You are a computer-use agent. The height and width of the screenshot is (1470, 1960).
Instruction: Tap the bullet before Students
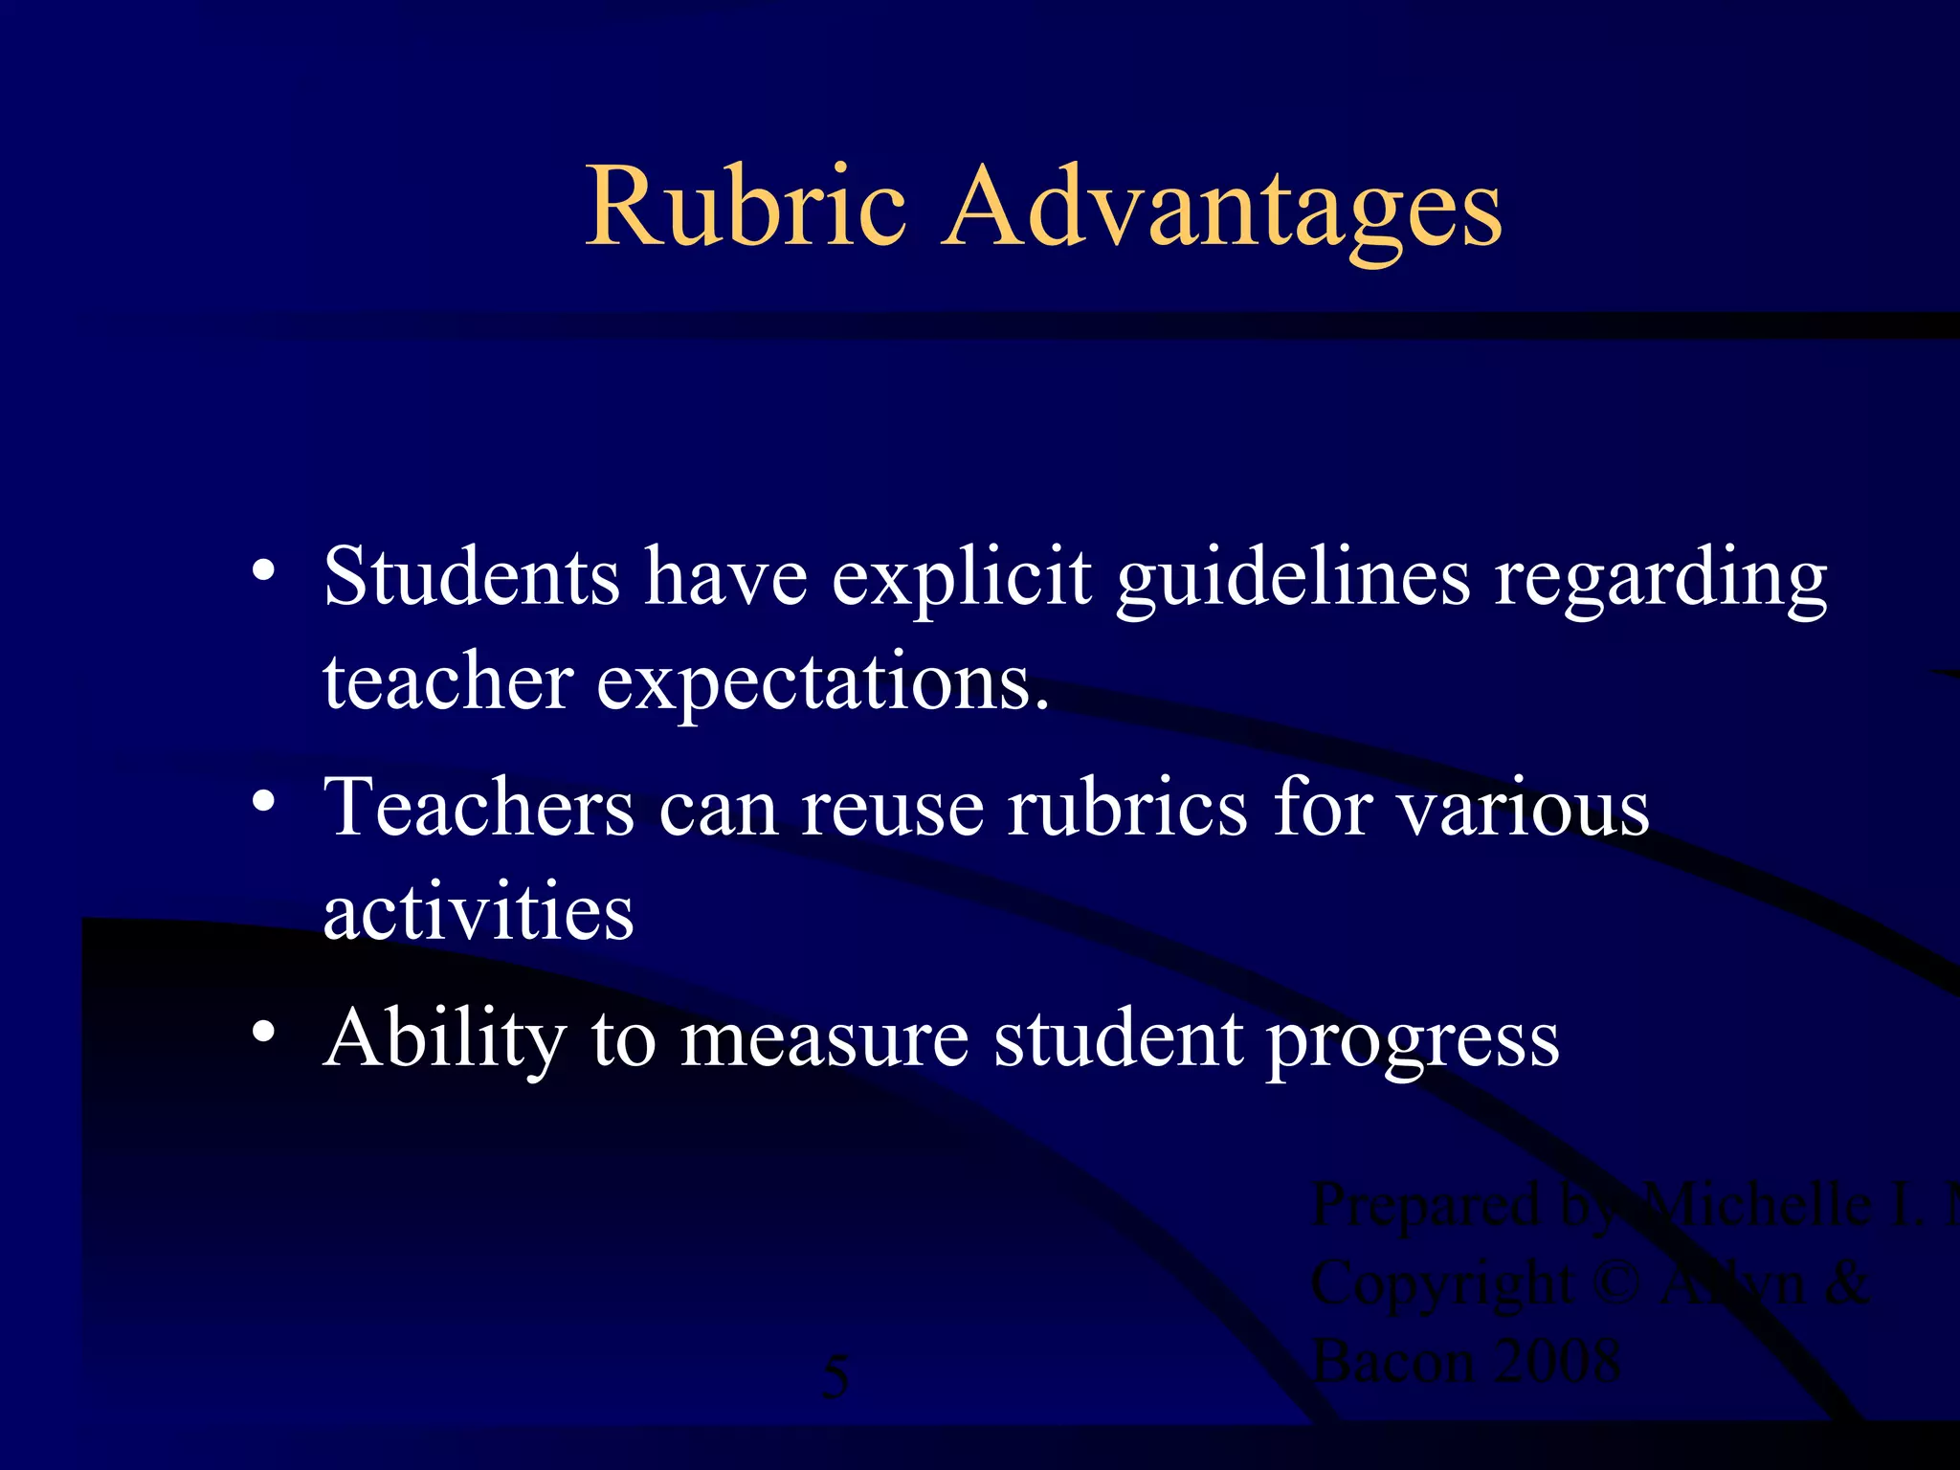coord(264,570)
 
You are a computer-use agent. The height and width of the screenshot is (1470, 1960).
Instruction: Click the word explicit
coord(961,580)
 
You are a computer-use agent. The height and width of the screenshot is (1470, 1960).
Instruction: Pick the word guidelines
coord(1292,580)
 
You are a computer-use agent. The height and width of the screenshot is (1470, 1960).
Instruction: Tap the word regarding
coord(1660,580)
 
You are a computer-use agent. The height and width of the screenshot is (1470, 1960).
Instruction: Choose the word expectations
coord(822,685)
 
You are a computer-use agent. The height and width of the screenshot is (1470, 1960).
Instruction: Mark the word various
coord(1524,810)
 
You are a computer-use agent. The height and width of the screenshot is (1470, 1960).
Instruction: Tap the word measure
coord(824,1040)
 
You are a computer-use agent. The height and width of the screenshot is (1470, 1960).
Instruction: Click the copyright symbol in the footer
coord(1618,1282)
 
